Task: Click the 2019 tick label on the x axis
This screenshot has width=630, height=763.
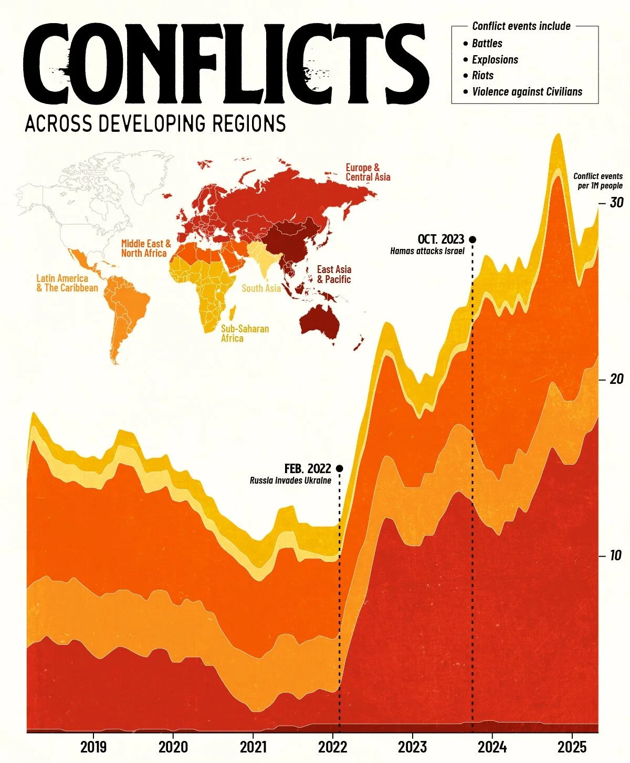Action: (x=93, y=746)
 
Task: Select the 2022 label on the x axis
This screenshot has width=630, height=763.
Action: (x=332, y=746)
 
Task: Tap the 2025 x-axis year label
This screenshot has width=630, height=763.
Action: (x=571, y=746)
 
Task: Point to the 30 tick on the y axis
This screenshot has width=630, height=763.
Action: (x=616, y=202)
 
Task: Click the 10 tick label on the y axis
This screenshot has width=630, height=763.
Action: (x=615, y=555)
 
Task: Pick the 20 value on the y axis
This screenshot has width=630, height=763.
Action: (x=616, y=379)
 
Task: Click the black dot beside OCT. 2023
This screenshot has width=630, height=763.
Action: (x=472, y=239)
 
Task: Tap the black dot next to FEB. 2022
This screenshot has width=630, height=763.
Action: (x=339, y=468)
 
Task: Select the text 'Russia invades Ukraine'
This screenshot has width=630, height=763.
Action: (x=290, y=480)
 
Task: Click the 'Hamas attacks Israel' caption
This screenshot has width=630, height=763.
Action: (x=427, y=251)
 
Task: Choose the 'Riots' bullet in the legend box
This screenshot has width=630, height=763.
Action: (x=482, y=76)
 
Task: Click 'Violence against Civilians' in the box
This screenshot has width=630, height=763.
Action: (x=527, y=92)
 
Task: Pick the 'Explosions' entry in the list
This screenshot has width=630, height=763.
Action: (x=495, y=60)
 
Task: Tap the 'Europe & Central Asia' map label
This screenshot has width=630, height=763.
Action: (x=367, y=172)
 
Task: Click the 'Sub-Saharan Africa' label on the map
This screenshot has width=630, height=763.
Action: (x=245, y=333)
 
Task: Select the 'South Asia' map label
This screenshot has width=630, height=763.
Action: (x=261, y=288)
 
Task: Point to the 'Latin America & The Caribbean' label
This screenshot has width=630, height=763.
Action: (x=67, y=283)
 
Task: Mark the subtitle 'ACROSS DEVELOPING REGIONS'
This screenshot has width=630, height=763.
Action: (x=155, y=123)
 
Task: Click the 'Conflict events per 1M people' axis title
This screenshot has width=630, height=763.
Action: (x=597, y=181)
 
